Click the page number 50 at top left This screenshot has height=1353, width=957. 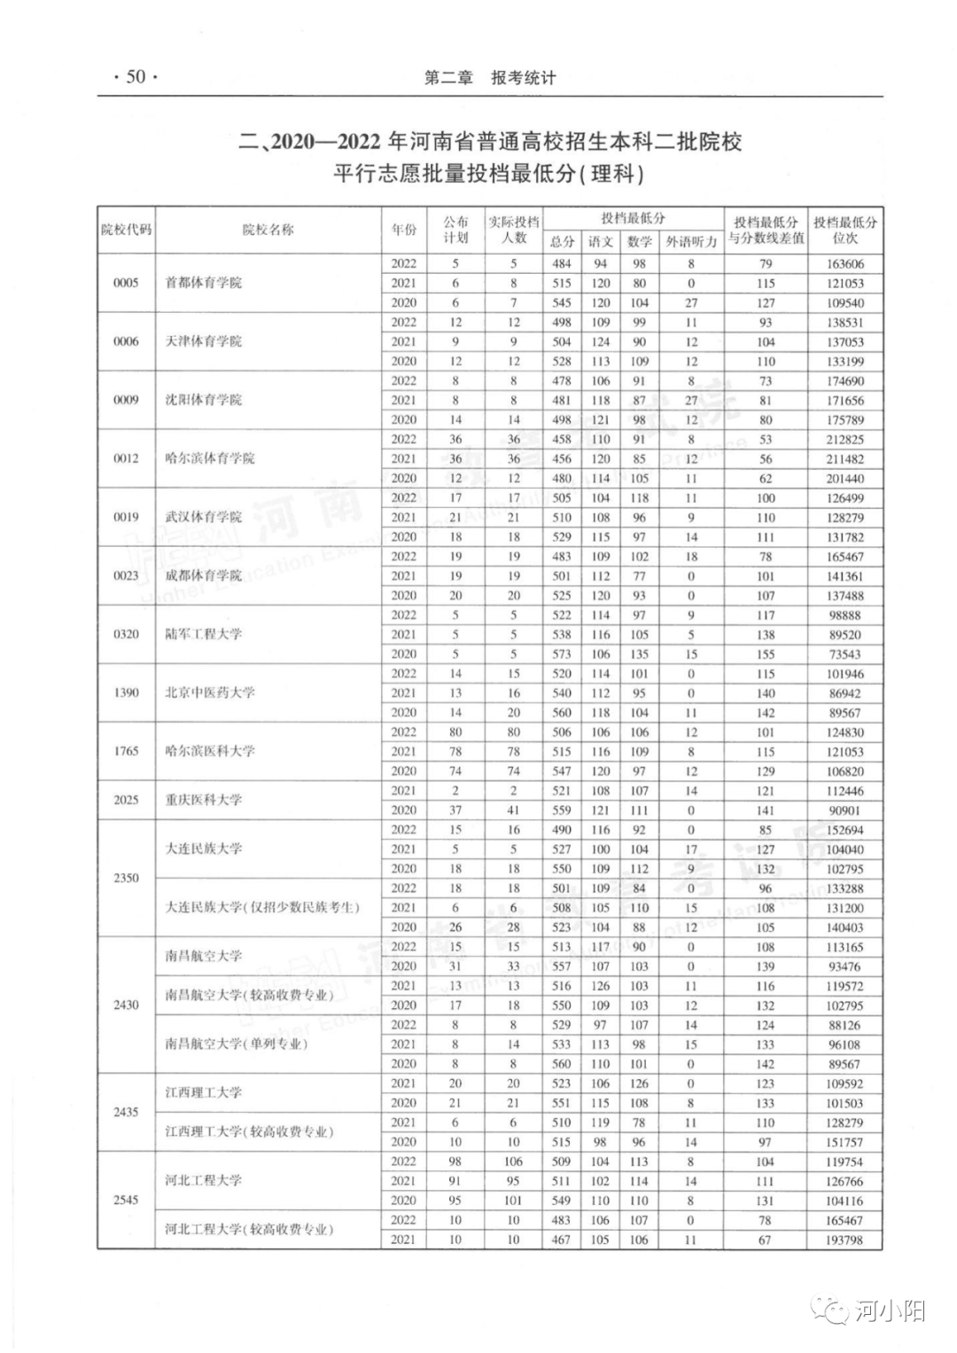click(135, 77)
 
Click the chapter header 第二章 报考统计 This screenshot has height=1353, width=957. click(490, 78)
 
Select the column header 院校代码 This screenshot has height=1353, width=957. click(126, 230)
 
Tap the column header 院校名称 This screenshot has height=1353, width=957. click(268, 230)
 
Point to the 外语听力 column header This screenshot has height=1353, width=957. click(691, 241)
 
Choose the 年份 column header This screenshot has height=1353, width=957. click(404, 230)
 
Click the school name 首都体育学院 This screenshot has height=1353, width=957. click(203, 283)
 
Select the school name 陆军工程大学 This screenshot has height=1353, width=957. click(203, 634)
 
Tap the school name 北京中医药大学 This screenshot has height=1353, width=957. click(209, 692)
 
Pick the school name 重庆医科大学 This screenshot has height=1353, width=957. click(203, 800)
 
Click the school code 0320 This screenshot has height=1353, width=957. click(126, 634)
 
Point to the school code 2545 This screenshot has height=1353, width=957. click(126, 1200)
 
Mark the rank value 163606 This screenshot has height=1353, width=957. click(844, 263)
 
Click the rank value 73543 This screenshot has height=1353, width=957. click(844, 653)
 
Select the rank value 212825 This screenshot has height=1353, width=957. click(844, 439)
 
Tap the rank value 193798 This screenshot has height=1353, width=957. click(844, 1240)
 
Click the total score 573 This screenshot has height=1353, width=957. click(562, 653)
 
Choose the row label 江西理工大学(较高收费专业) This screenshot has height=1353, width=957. click(248, 1132)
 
